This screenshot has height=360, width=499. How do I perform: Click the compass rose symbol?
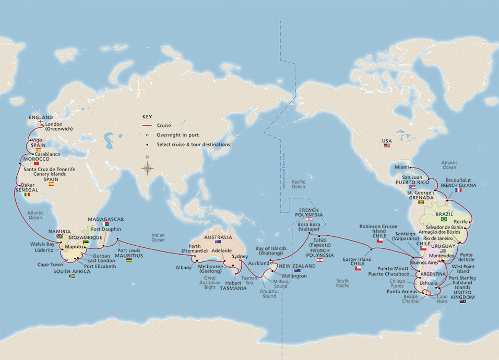[148, 168]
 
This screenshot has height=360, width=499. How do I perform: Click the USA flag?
[387, 145]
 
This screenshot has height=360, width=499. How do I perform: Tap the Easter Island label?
[357, 259]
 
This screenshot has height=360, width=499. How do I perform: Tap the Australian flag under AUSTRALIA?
[218, 242]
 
